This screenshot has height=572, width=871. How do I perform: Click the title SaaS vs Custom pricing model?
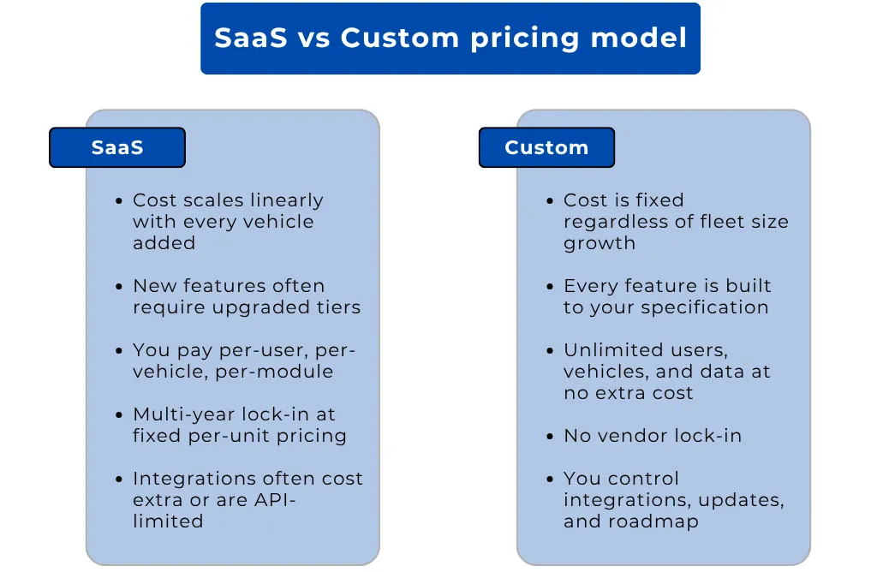click(450, 39)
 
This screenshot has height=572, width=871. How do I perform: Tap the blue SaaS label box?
click(117, 147)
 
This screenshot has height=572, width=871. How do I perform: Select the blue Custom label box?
click(546, 147)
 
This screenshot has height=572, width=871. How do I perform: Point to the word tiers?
click(337, 307)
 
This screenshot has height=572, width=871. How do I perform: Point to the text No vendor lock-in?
click(653, 436)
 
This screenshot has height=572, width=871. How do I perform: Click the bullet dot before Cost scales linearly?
click(120, 201)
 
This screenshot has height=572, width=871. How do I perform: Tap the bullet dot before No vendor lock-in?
click(551, 437)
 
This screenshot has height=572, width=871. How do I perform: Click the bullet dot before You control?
click(551, 480)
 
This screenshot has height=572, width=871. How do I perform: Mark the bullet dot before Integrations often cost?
click(120, 480)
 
